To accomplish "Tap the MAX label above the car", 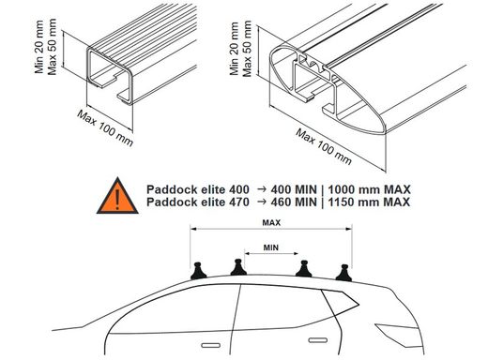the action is click(271, 223).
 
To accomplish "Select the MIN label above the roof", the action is click(271, 247).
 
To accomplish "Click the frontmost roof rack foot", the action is click(199, 271).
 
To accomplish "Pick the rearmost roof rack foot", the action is click(343, 273).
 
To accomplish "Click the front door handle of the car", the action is click(210, 345).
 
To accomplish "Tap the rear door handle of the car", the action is click(318, 340).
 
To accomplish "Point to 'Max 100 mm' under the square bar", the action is click(105, 128).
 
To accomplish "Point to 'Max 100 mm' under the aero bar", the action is click(324, 146).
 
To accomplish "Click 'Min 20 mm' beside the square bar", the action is click(39, 47).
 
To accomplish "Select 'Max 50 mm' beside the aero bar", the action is click(247, 49).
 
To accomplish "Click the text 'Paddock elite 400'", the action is click(198, 189).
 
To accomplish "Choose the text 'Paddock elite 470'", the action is click(198, 202).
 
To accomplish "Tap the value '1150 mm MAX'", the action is click(369, 202).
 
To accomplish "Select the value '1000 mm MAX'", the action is click(370, 189).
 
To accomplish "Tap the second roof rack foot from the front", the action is click(238, 267).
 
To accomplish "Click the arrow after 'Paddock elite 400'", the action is click(262, 189).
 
